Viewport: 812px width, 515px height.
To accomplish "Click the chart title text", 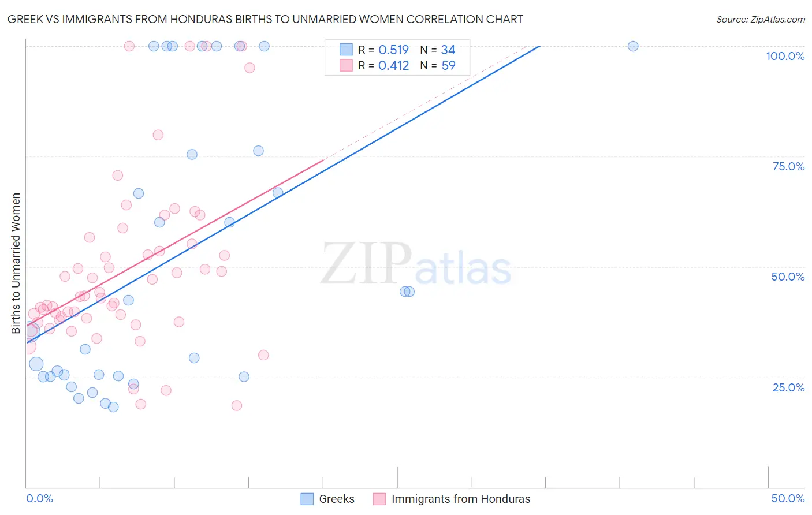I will pyautogui.click(x=265, y=19).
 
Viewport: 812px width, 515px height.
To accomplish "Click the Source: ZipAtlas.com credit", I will pyautogui.click(x=760, y=19).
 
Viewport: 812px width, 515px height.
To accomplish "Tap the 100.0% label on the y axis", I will pyautogui.click(x=785, y=56).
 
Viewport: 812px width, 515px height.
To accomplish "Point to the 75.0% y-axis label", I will pyautogui.click(x=788, y=166).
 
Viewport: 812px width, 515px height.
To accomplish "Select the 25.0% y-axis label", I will pyautogui.click(x=788, y=387).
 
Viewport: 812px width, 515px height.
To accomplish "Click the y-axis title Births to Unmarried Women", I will pyautogui.click(x=16, y=263).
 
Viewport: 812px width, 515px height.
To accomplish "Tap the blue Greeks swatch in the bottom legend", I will pyautogui.click(x=307, y=499).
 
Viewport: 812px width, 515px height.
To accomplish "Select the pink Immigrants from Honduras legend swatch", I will pyautogui.click(x=379, y=499).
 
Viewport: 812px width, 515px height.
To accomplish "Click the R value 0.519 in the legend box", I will pyautogui.click(x=393, y=50).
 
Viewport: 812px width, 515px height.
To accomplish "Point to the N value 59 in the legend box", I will pyautogui.click(x=448, y=66).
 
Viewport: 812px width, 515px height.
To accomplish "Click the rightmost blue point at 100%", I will pyautogui.click(x=633, y=46).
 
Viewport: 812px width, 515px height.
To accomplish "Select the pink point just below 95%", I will pyautogui.click(x=249, y=68).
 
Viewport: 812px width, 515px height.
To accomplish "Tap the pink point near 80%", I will pyautogui.click(x=158, y=135).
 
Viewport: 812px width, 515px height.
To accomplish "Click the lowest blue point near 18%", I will pyautogui.click(x=113, y=407).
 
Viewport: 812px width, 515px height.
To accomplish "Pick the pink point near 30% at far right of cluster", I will pyautogui.click(x=263, y=355).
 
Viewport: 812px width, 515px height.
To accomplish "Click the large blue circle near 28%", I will pyautogui.click(x=36, y=364).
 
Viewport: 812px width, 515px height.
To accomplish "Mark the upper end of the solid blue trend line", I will pyautogui.click(x=539, y=46).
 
